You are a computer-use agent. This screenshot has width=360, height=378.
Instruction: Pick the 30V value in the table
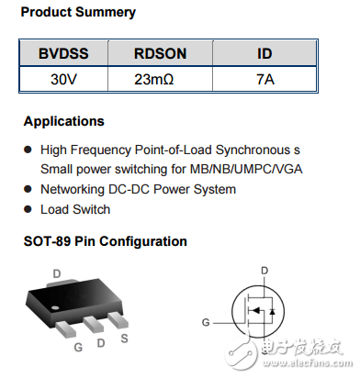[x=63, y=79]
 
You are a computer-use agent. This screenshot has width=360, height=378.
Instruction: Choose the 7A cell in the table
[x=264, y=79]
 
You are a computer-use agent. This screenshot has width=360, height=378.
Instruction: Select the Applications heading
[x=64, y=121]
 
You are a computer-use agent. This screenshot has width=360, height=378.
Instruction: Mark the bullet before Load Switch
[x=27, y=209]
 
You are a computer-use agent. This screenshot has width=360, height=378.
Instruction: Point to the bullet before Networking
[x=27, y=189]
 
